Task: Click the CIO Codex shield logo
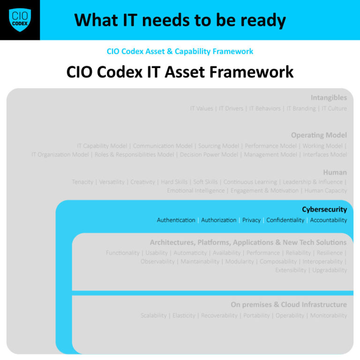point(20,20)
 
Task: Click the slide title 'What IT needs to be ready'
point(180,20)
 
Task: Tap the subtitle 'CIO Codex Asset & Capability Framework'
point(180,51)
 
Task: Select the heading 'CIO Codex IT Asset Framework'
point(180,72)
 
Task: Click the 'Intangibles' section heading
point(329,97)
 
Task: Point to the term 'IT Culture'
point(334,108)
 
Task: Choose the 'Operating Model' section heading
point(319,135)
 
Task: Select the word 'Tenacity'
point(82,182)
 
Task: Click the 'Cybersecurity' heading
point(324,210)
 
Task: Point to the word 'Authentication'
point(176,220)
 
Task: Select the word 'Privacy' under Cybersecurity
point(251,220)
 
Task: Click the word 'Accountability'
point(329,220)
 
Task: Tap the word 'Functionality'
point(122,253)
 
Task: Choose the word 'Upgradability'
point(330,270)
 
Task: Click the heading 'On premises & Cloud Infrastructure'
point(289,305)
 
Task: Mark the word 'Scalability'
point(153,315)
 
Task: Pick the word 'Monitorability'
point(329,315)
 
